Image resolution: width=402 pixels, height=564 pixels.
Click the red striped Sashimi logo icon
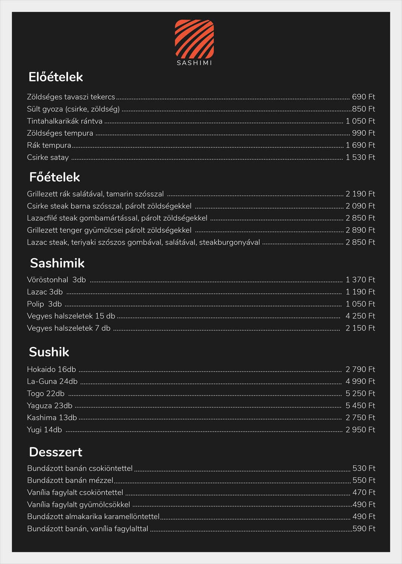click(194, 39)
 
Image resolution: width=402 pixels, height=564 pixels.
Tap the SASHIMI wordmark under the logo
click(194, 63)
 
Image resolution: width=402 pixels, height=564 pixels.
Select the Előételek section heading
click(56, 77)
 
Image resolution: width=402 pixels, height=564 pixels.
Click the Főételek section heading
click(55, 177)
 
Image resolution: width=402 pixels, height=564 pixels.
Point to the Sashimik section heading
click(57, 263)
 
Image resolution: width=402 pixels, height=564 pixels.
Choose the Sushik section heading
click(49, 352)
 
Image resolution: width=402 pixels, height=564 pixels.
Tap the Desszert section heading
click(56, 452)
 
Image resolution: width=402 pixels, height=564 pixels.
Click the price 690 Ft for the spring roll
click(363, 97)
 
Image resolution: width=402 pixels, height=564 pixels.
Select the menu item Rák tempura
click(49, 145)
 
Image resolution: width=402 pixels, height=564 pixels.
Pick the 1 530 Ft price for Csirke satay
click(360, 157)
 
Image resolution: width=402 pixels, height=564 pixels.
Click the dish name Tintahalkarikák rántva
click(65, 121)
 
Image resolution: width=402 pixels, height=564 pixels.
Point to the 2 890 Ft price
click(360, 230)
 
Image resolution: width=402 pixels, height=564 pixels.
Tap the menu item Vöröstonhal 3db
click(56, 280)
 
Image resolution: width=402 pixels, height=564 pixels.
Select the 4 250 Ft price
click(360, 316)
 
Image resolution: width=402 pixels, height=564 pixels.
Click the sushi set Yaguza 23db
click(50, 406)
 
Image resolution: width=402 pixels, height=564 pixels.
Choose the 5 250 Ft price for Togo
click(360, 393)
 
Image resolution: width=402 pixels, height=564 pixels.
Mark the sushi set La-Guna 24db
click(52, 381)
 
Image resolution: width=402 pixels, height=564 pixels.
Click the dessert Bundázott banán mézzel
click(70, 480)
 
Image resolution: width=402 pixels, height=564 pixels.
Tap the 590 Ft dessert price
click(364, 529)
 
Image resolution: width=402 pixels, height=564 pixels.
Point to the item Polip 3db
click(44, 304)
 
